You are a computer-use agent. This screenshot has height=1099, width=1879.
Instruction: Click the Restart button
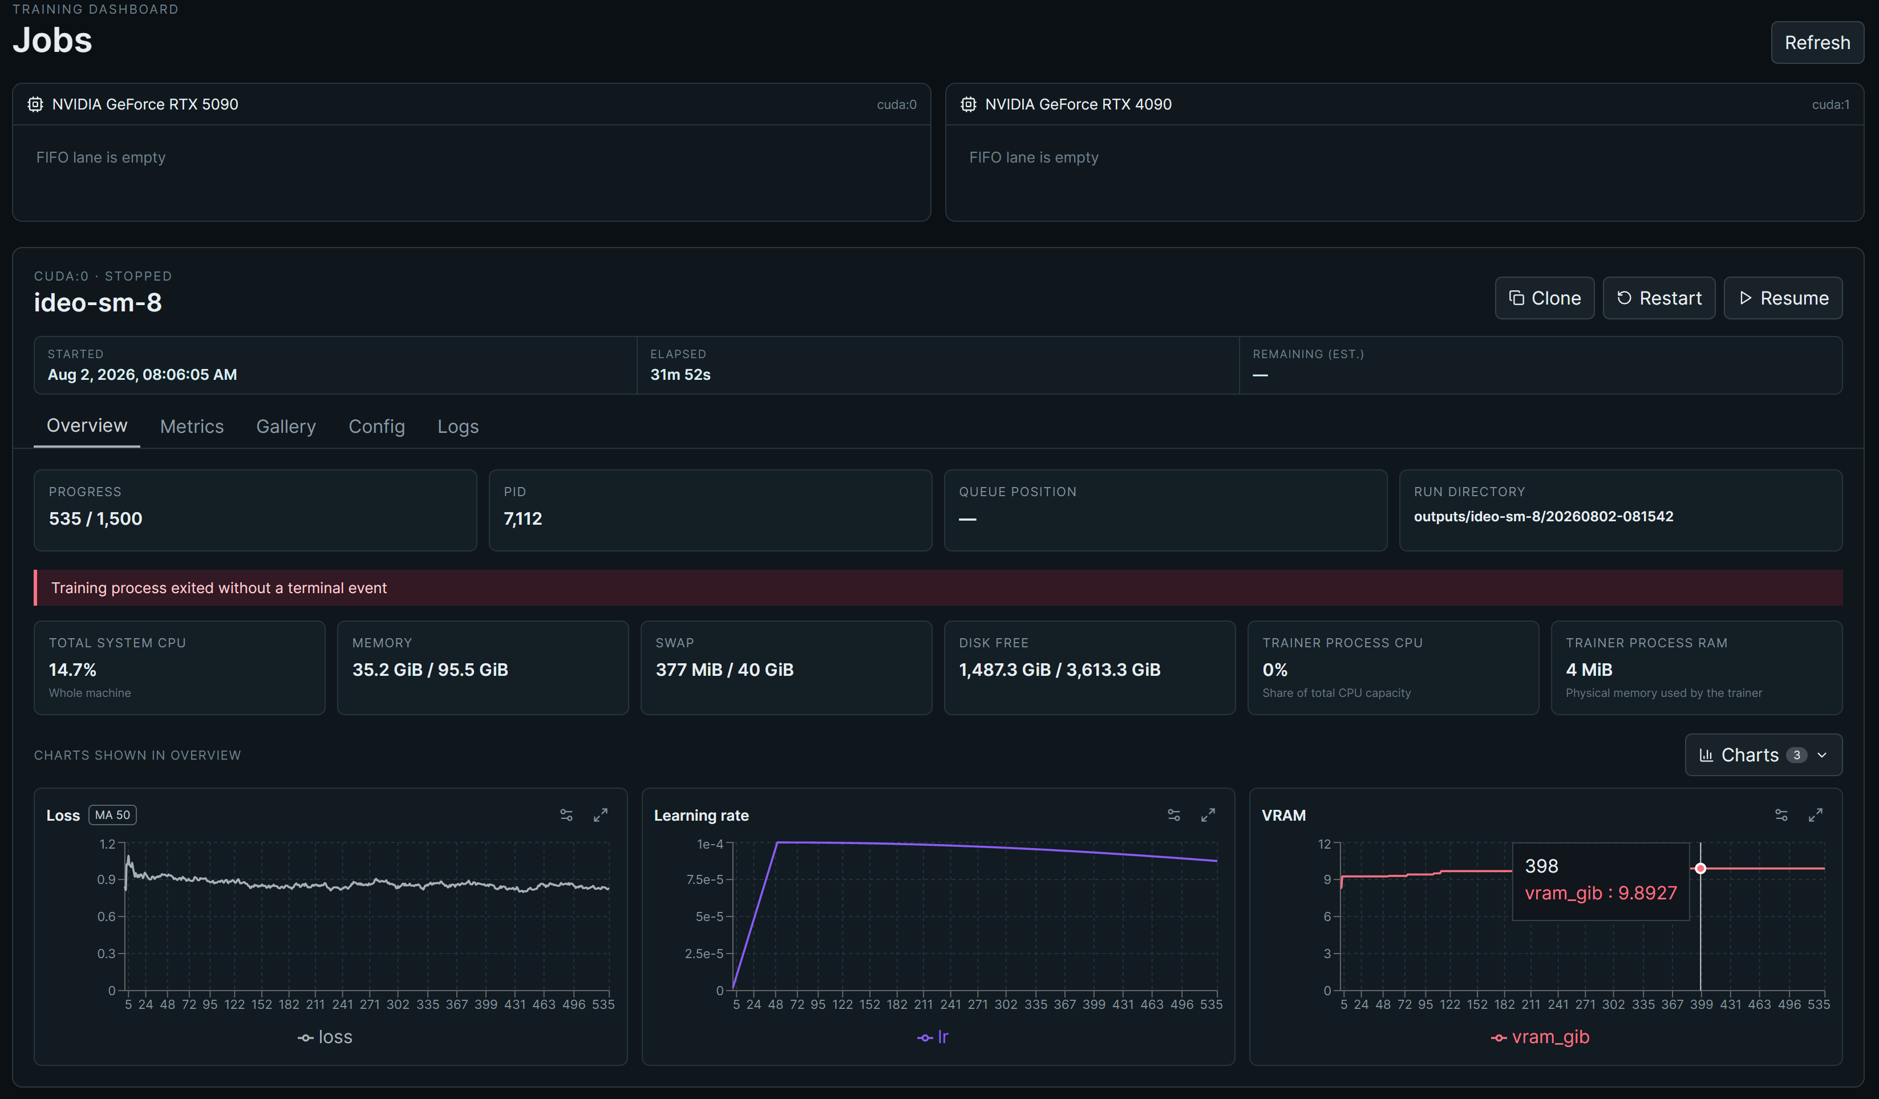[1658, 298]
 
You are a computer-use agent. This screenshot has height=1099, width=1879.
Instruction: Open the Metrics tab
[192, 427]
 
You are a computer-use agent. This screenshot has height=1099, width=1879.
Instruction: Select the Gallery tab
[286, 427]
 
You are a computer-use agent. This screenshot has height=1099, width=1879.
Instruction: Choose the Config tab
[376, 427]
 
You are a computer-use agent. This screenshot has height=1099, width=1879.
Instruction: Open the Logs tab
[458, 427]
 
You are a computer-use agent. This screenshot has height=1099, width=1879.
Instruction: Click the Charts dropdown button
[1763, 755]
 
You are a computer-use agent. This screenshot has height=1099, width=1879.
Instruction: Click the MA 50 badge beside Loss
[112, 815]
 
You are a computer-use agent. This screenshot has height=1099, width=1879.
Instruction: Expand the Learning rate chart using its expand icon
[1208, 815]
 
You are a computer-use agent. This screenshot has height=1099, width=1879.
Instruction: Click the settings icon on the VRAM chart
[1781, 815]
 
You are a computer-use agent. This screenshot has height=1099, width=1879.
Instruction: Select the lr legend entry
[933, 1037]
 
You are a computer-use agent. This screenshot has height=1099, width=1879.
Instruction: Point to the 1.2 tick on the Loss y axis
[107, 844]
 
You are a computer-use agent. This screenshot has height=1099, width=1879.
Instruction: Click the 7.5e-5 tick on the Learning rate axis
[704, 880]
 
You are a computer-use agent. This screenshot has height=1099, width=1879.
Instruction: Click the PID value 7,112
[523, 519]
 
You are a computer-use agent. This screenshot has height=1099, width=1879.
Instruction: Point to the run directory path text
[1544, 517]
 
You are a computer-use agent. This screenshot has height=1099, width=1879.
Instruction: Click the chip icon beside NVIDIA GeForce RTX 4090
[968, 104]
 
